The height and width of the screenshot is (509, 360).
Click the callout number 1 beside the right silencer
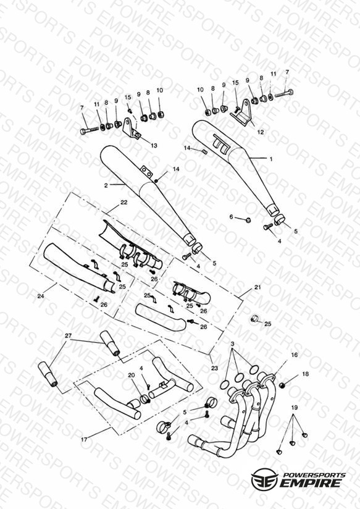pos(271,159)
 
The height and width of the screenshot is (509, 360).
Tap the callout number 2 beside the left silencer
pos(106,186)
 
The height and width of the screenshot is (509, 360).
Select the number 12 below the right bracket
pos(261,132)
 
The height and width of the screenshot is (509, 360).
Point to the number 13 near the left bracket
pos(154,145)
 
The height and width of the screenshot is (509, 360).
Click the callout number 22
pos(123,202)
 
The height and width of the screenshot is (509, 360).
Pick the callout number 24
pos(41,296)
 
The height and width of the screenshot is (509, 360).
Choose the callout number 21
pos(257,287)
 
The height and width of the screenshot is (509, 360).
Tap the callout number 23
pos(214,368)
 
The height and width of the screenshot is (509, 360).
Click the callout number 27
pos(68,335)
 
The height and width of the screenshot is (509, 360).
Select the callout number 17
pos(84,440)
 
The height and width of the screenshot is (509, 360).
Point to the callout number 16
pos(294,355)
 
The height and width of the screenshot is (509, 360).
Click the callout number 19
pos(294,408)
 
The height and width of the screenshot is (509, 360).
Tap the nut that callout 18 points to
pos(282,385)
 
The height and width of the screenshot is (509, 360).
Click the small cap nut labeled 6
pos(249,220)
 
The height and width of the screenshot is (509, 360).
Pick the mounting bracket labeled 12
pos(243,113)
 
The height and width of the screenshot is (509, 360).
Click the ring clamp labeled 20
pos(144,398)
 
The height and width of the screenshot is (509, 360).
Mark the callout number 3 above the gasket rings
pos(232,343)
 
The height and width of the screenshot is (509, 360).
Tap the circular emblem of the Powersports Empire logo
pos(264,479)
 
